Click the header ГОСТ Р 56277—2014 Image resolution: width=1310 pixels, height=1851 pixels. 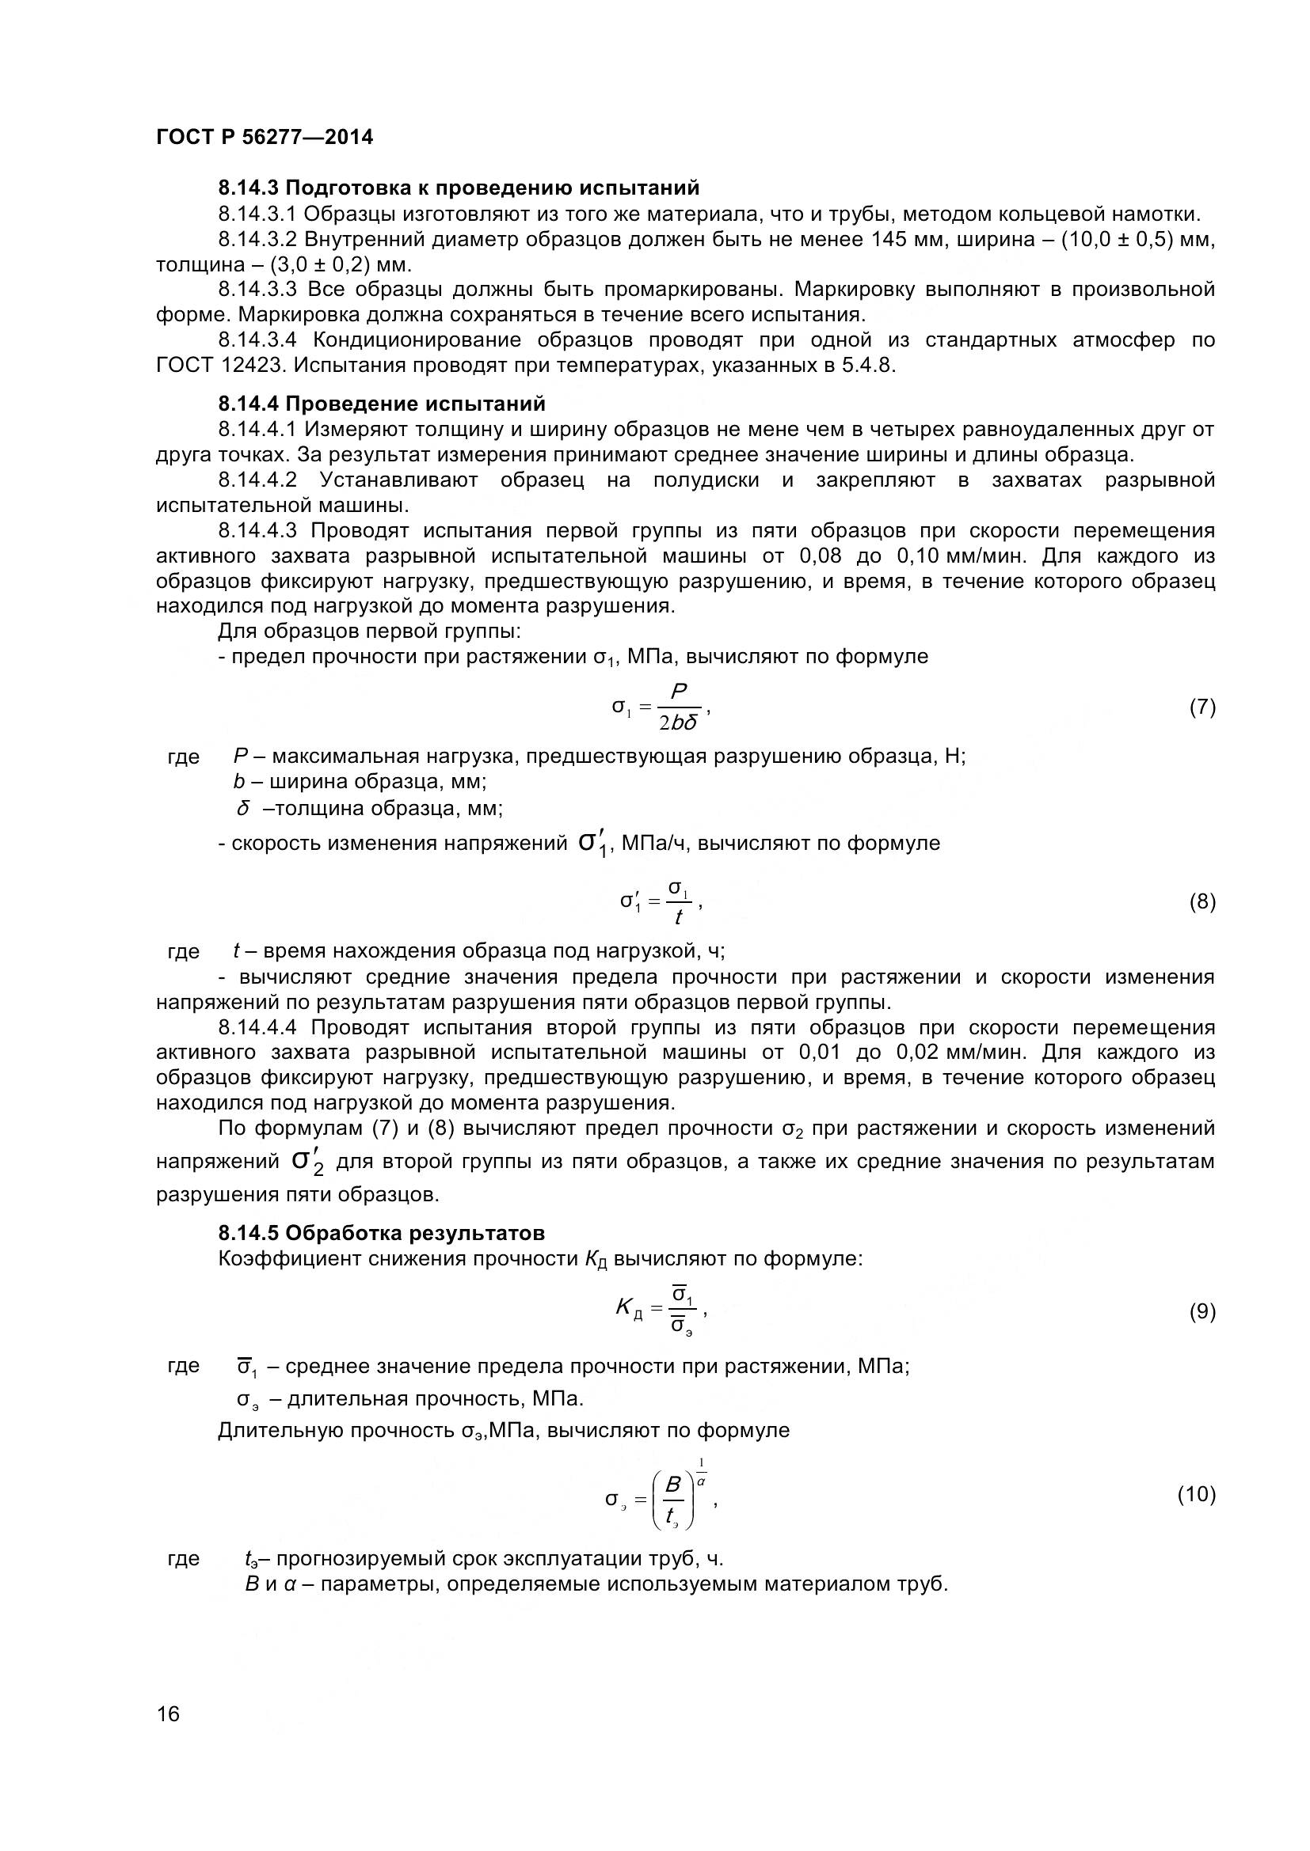pyautogui.click(x=265, y=137)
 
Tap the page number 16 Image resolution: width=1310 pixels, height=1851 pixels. pyautogui.click(x=168, y=1735)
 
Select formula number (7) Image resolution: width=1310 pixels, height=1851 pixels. pyautogui.click(x=1202, y=707)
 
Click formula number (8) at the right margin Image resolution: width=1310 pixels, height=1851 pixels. pyautogui.click(x=1202, y=901)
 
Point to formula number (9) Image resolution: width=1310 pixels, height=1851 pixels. pyautogui.click(x=1202, y=1311)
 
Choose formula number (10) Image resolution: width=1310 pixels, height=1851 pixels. pyautogui.click(x=1196, y=1495)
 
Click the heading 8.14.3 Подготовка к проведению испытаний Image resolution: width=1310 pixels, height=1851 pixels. pyautogui.click(x=458, y=188)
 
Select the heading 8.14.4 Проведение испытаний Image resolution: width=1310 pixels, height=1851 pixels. pyautogui.click(x=382, y=404)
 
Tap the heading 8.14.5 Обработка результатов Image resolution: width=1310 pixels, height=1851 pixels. pyautogui.click(x=382, y=1233)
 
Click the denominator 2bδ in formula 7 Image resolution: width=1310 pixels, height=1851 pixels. pyautogui.click(x=678, y=723)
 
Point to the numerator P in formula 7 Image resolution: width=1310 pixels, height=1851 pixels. pyautogui.click(x=679, y=692)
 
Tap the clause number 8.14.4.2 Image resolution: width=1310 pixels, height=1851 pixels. pyautogui.click(x=257, y=480)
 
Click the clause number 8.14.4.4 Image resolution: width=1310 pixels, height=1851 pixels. pyautogui.click(x=257, y=1028)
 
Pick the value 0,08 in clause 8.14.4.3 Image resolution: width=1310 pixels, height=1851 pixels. pyautogui.click(x=821, y=556)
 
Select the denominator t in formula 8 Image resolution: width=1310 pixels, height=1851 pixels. pyautogui.click(x=680, y=917)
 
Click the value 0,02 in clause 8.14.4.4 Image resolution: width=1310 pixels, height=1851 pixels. pyautogui.click(x=917, y=1053)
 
